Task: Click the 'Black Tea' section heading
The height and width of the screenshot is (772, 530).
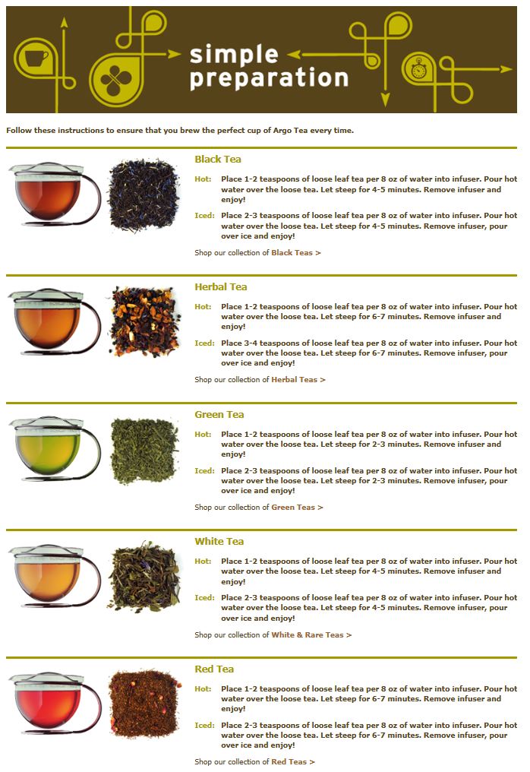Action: (x=217, y=159)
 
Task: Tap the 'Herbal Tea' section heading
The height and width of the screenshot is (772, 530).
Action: (x=220, y=286)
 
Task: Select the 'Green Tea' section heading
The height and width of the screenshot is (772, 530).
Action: (x=219, y=415)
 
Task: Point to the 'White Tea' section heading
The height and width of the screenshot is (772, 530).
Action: (x=219, y=542)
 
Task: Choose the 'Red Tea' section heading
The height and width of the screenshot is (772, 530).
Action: (x=214, y=669)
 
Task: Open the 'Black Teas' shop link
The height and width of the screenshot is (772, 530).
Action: (x=296, y=252)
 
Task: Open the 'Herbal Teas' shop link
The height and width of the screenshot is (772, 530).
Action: (x=298, y=380)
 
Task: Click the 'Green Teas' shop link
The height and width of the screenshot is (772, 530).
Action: (x=297, y=507)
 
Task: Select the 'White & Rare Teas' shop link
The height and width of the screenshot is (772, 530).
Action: (x=311, y=634)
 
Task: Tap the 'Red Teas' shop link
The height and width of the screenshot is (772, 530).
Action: (x=293, y=761)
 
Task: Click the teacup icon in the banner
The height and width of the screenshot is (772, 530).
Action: (x=36, y=58)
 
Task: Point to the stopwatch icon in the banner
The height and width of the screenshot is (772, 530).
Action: (x=418, y=68)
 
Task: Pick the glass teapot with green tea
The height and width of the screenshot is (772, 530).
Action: (x=54, y=448)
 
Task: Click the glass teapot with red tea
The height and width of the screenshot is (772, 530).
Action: (x=54, y=704)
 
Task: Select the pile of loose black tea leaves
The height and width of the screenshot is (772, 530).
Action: (x=144, y=195)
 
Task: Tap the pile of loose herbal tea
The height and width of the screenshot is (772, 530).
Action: (x=144, y=321)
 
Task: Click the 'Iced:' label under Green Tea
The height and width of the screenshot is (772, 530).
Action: (x=204, y=470)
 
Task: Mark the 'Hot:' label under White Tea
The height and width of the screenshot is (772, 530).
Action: (x=203, y=562)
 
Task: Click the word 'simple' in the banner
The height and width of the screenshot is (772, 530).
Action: (x=234, y=55)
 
